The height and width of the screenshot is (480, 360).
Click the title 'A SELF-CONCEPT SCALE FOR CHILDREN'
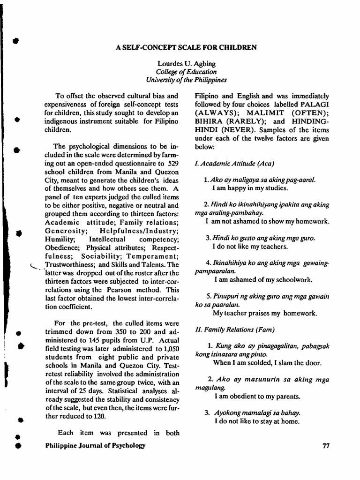coord(185,47)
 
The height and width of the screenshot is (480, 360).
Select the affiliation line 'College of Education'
coord(186,72)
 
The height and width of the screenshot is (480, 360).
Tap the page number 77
coord(327,446)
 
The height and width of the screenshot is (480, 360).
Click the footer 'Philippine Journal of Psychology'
coord(95,446)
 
